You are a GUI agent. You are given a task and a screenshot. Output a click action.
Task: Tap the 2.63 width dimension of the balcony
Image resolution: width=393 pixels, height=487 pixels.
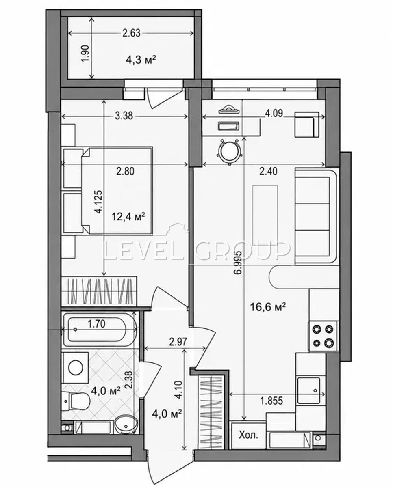(131, 33)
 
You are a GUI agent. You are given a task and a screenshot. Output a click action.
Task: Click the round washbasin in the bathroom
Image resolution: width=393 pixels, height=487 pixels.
(126, 422)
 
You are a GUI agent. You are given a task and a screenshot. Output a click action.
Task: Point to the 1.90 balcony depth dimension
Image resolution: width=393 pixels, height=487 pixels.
(87, 54)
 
